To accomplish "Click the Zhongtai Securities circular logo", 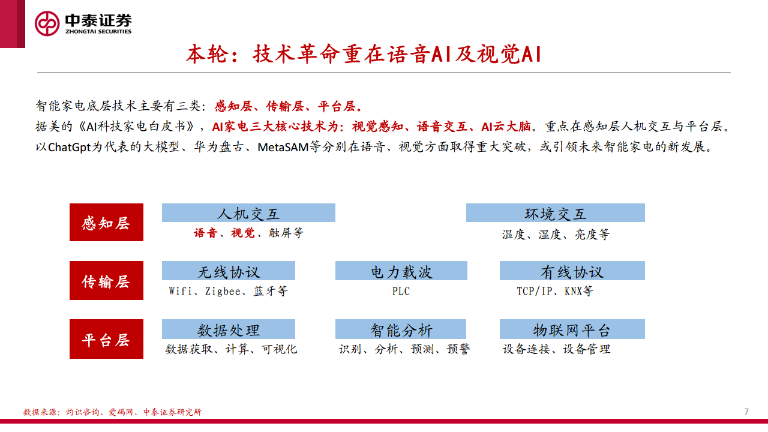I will pyautogui.click(x=47, y=23).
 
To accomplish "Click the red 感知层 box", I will pyautogui.click(x=106, y=223).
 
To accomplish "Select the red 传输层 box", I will pyautogui.click(x=106, y=280).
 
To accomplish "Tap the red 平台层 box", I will pyautogui.click(x=106, y=339).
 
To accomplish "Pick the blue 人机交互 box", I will pyautogui.click(x=248, y=213).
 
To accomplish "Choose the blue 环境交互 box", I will pyautogui.click(x=555, y=213).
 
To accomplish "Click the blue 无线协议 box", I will pyautogui.click(x=228, y=271).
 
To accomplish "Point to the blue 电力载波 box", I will pyautogui.click(x=401, y=271).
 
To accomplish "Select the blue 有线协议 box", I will pyautogui.click(x=572, y=271).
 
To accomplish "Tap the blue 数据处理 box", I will pyautogui.click(x=228, y=329).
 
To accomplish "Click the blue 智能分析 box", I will pyautogui.click(x=401, y=329).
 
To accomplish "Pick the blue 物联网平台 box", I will pyautogui.click(x=572, y=329).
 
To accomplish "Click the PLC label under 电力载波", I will pyautogui.click(x=401, y=292).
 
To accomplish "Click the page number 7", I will pyautogui.click(x=746, y=411).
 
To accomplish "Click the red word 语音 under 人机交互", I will pyautogui.click(x=205, y=233).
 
